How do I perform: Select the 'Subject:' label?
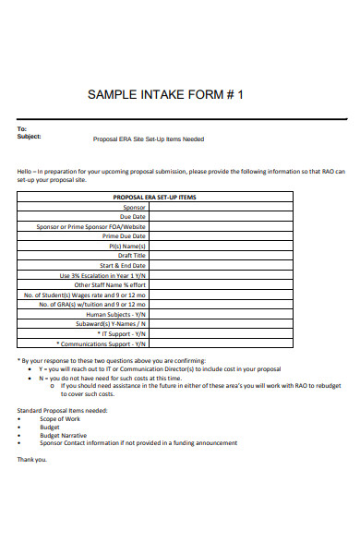(30, 137)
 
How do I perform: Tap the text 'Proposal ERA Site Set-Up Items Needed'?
(149, 139)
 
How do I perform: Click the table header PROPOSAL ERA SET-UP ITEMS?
(154, 198)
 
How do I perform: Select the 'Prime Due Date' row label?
(126, 236)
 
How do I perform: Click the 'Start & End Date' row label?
(123, 266)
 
